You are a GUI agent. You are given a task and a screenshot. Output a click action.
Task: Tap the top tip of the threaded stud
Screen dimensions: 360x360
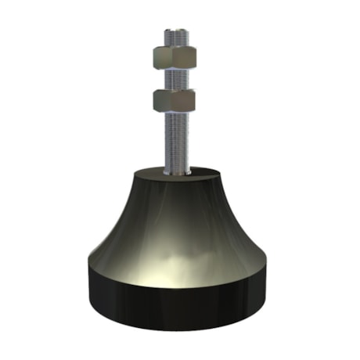coord(179,32)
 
